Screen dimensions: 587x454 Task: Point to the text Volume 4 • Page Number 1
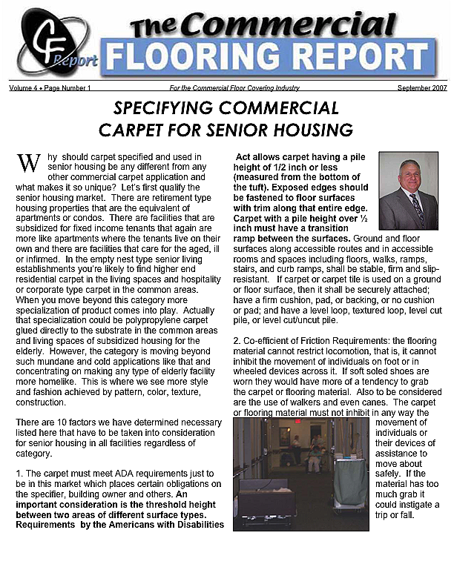coord(50,88)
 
